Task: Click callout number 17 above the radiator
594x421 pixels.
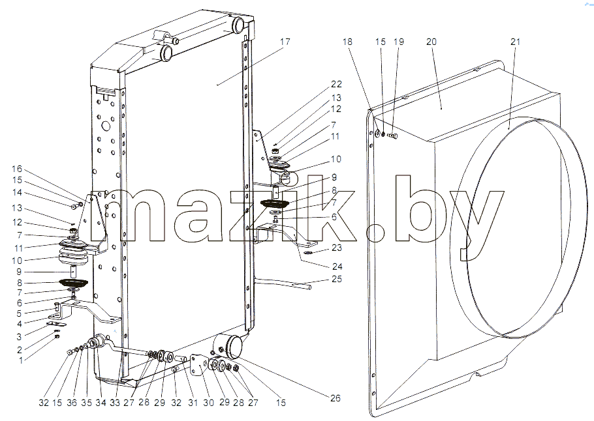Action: tap(285, 41)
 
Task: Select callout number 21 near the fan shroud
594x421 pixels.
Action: tap(515, 42)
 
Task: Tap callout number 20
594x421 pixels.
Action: tap(431, 42)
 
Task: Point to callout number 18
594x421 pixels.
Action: tap(347, 42)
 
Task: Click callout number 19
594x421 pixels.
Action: tap(399, 42)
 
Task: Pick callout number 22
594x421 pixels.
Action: tap(336, 84)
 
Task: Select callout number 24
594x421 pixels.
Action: tap(337, 267)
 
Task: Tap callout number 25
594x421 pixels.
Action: tap(336, 279)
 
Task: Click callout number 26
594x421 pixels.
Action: tap(336, 398)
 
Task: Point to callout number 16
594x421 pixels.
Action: tap(17, 169)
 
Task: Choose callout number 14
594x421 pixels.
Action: tap(17, 192)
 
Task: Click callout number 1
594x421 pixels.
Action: tap(21, 360)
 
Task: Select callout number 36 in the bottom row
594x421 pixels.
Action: tap(72, 403)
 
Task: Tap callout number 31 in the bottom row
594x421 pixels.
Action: tap(193, 403)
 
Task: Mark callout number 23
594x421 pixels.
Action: tap(336, 248)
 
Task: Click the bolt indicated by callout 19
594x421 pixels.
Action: tap(393, 135)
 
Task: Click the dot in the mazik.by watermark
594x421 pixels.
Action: tap(376, 233)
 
